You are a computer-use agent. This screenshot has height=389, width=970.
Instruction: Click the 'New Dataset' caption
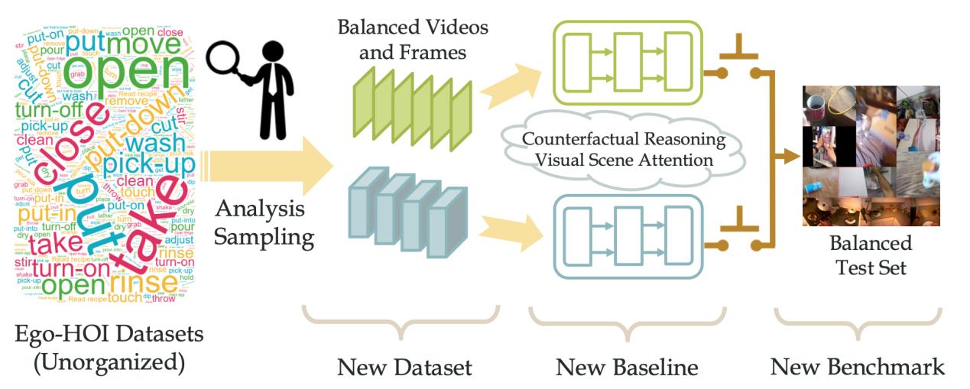(404, 368)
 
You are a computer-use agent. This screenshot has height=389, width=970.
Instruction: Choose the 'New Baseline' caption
(627, 368)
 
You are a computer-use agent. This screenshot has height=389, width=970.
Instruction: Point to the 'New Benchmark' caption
(857, 368)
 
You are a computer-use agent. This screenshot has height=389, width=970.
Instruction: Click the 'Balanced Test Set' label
(872, 255)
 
